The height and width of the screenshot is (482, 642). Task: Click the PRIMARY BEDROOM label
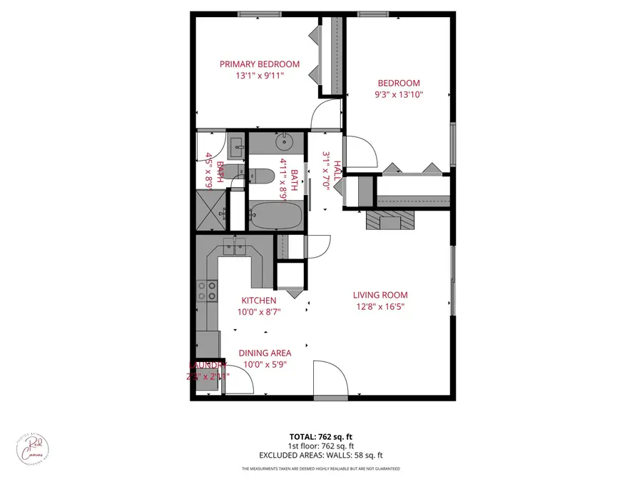pos(259,64)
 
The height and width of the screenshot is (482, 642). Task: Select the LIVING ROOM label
pos(380,295)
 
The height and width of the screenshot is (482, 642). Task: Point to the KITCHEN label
pos(258,301)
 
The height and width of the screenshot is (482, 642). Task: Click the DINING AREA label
pos(265,353)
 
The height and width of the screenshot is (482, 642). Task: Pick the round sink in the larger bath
pos(285,142)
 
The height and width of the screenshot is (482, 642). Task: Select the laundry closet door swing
pos(238,381)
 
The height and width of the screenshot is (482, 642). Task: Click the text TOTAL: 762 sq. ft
pos(320,436)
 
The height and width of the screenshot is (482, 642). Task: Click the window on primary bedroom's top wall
pos(259,14)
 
